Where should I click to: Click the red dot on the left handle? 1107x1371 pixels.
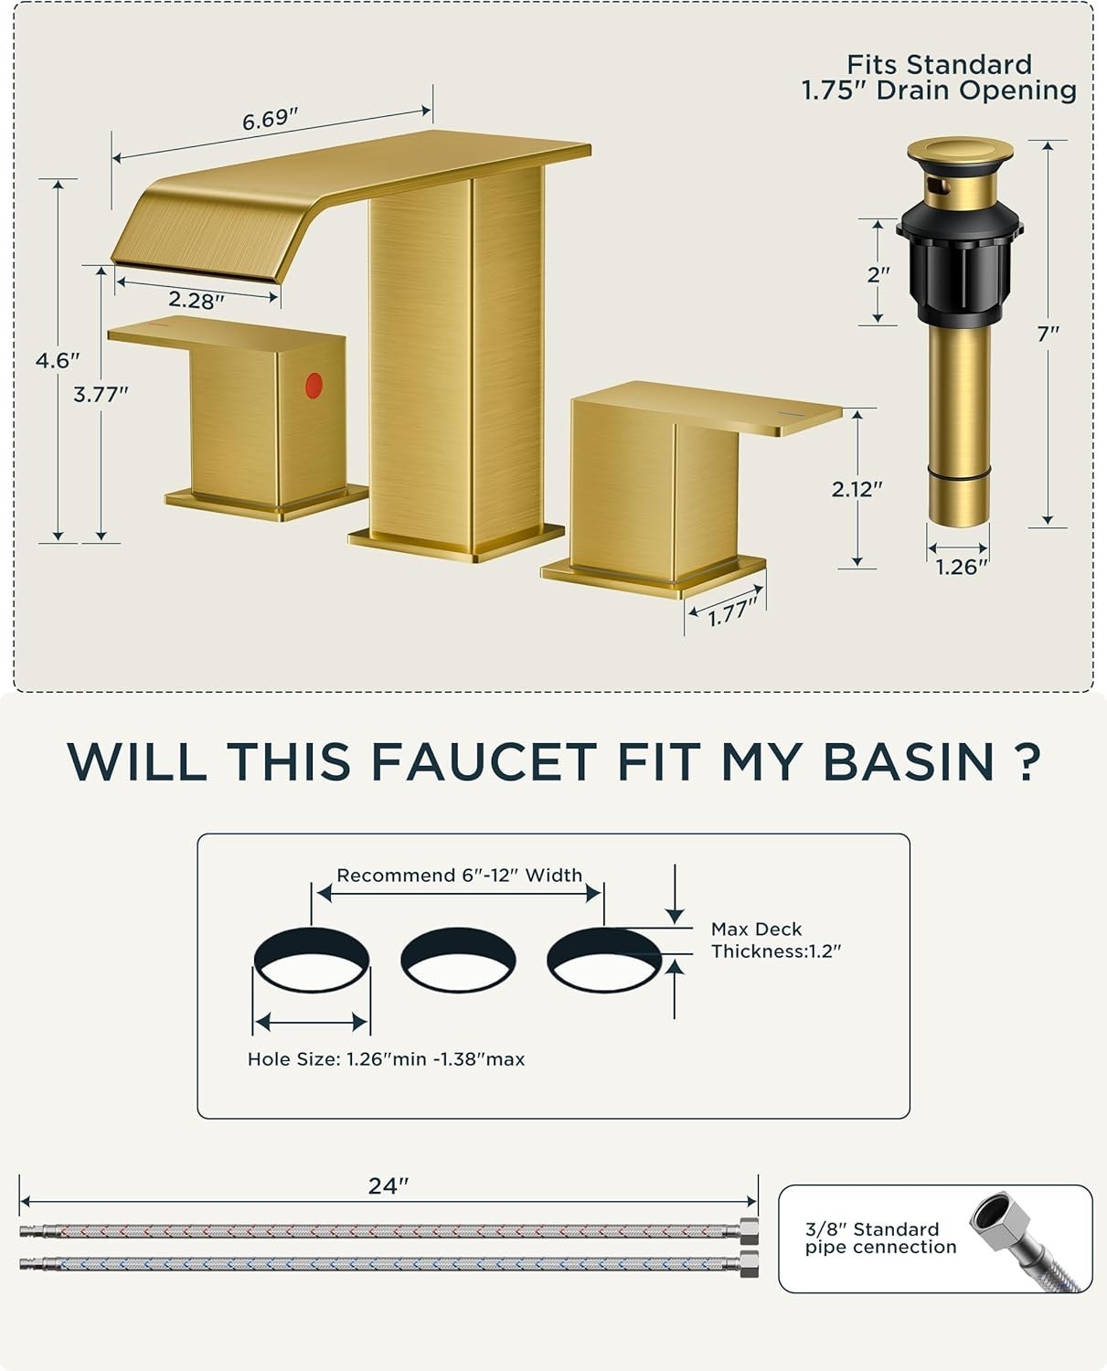pos(314,386)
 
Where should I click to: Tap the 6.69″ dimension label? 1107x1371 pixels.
pos(271,120)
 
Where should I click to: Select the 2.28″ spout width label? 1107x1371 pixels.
pos(197,300)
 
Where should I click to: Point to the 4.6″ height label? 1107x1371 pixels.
pos(58,360)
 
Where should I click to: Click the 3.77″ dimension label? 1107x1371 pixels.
pos(101,394)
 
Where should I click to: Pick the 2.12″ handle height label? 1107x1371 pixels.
pos(857,489)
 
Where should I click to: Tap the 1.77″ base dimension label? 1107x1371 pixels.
pos(733,612)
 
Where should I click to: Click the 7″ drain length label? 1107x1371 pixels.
pos(1048,334)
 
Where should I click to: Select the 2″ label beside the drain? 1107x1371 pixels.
pos(878,275)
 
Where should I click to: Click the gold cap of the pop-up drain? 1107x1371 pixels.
pos(960,152)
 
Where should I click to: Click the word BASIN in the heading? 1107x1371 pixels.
pos(910,761)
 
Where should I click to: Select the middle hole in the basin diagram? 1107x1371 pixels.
pos(458,960)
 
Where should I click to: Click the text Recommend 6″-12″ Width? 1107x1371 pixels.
pos(460,876)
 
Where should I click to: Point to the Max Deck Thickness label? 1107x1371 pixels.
pos(776,940)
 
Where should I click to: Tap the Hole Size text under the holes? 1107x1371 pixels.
pos(386,1059)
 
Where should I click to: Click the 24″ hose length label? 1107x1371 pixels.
pos(389,1185)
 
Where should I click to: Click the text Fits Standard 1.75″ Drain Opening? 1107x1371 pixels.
pos(939,78)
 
